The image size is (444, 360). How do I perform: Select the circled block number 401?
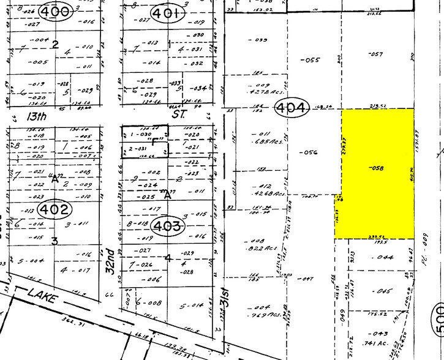point(166,13)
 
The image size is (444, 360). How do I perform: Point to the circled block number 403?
point(167,227)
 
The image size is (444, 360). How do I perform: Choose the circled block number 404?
point(293,108)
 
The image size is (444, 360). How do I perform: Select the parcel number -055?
point(312,59)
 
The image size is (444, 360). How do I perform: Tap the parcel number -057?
point(375,54)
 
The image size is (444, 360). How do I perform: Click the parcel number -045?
point(384,291)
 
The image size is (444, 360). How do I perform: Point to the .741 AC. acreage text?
point(384,343)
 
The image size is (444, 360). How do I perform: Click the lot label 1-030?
point(140,133)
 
